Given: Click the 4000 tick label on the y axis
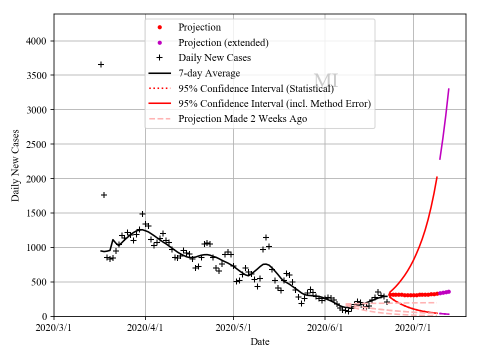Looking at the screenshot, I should pyautogui.click(x=38, y=41).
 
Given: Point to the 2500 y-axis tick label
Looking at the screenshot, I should pyautogui.click(x=38, y=144).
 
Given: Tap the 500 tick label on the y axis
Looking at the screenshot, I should pyautogui.click(x=41, y=282).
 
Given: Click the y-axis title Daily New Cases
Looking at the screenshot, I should pyautogui.click(x=15, y=165).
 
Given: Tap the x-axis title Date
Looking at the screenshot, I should pyautogui.click(x=260, y=342).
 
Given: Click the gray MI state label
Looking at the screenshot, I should pyautogui.click(x=326, y=80).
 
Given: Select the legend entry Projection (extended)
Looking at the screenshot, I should pyautogui.click(x=223, y=42).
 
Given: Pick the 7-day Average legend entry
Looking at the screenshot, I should pyautogui.click(x=209, y=73).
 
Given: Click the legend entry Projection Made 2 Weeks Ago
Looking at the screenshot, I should pyautogui.click(x=242, y=118).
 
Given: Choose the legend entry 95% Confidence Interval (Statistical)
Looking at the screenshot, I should pyautogui.click(x=256, y=88).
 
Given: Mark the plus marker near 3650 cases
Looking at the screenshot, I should pyautogui.click(x=101, y=64).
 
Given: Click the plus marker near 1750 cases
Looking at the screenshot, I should pyautogui.click(x=104, y=195).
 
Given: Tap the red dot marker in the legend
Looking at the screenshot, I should pyautogui.click(x=159, y=27).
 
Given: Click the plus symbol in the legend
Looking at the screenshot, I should pyautogui.click(x=159, y=57).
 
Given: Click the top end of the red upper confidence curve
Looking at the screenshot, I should pyautogui.click(x=437, y=177).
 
